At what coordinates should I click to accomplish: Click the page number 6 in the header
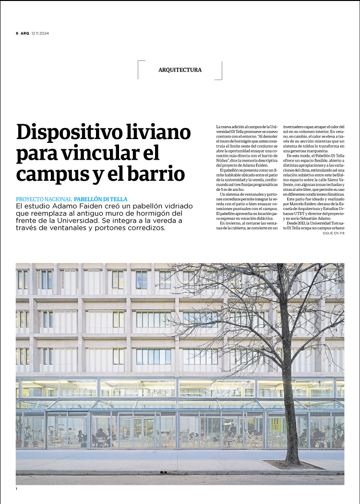[x=17, y=33]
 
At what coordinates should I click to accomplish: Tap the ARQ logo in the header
[x=24, y=33]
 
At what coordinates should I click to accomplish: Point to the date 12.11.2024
[x=40, y=33]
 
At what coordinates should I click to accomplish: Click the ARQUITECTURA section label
[x=180, y=70]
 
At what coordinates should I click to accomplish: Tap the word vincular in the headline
[x=99, y=153]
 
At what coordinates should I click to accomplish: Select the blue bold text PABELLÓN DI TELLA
[x=101, y=199]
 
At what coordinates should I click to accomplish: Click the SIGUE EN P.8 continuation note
[x=334, y=233]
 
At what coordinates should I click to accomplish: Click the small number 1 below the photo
[x=17, y=489]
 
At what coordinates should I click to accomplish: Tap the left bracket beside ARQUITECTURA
[x=139, y=70]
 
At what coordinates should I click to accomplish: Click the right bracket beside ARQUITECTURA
[x=221, y=70]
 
